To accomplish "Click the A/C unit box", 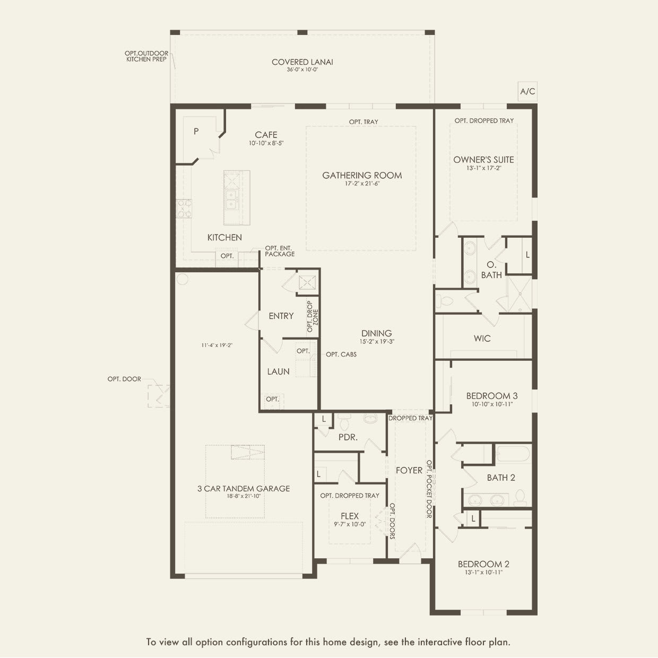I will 527,91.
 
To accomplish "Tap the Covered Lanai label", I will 302,62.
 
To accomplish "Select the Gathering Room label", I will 362,175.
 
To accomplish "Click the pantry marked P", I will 196,131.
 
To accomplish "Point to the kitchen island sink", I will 231,198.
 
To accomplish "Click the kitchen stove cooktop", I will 184,208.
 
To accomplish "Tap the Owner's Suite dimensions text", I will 483,168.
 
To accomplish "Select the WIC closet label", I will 482,338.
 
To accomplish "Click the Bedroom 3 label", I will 492,396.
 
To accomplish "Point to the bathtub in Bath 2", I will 513,455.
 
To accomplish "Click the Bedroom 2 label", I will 483,564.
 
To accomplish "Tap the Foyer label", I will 409,470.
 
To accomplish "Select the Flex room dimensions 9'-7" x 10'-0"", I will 350,524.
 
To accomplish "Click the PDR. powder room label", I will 348,438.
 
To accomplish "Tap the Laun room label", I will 278,371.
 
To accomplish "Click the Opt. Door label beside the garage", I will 124,379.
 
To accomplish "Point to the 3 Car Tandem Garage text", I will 244,489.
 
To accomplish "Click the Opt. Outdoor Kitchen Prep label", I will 146,56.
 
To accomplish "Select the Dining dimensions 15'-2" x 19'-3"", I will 377,342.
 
